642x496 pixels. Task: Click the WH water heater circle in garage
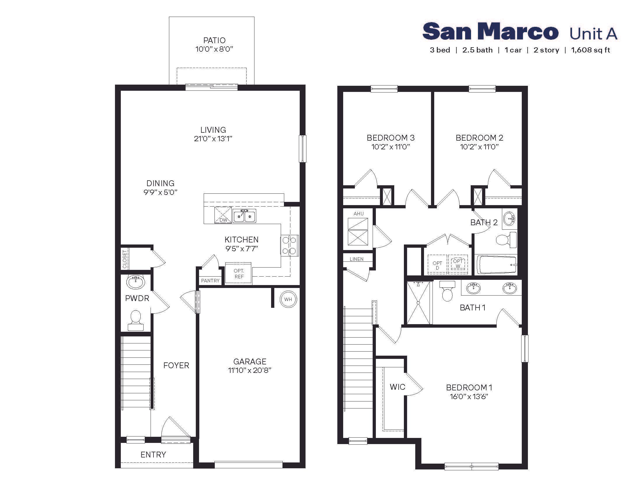[x=288, y=299]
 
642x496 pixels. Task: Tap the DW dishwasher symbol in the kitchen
[x=223, y=215]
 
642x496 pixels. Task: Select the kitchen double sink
[x=244, y=216]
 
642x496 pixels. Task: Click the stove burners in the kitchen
[x=289, y=245]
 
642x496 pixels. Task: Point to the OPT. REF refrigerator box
[x=238, y=274]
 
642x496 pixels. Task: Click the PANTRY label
[x=210, y=281]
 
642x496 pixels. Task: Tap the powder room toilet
[x=135, y=320]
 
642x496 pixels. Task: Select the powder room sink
[x=135, y=282]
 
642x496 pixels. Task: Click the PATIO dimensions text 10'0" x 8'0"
[x=214, y=49]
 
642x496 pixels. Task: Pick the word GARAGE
[x=250, y=361]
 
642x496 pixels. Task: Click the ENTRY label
[x=153, y=455]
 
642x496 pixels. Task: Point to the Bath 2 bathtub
[x=496, y=265]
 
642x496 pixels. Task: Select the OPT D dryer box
[x=437, y=265]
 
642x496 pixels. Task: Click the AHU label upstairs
[x=358, y=214]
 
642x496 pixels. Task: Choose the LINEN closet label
[x=356, y=259]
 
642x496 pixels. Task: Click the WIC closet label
[x=397, y=387]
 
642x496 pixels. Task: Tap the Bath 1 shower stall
[x=418, y=303]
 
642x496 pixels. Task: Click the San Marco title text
[x=490, y=32]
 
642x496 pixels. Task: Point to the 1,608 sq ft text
[x=590, y=50]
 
